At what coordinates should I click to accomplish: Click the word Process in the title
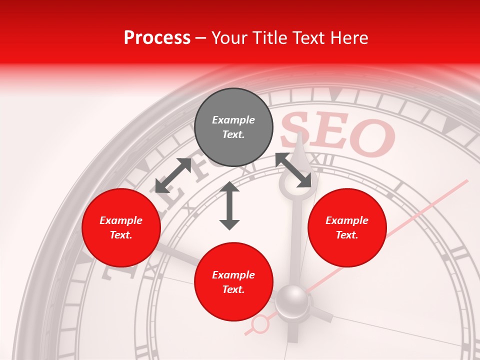[157, 38]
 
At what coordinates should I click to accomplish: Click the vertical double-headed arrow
[229, 205]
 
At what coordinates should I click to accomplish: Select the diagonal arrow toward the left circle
[173, 175]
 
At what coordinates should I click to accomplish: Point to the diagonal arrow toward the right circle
[294, 170]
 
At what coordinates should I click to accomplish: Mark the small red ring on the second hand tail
[260, 324]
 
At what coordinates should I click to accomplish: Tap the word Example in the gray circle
[233, 120]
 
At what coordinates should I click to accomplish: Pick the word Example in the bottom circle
[233, 275]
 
